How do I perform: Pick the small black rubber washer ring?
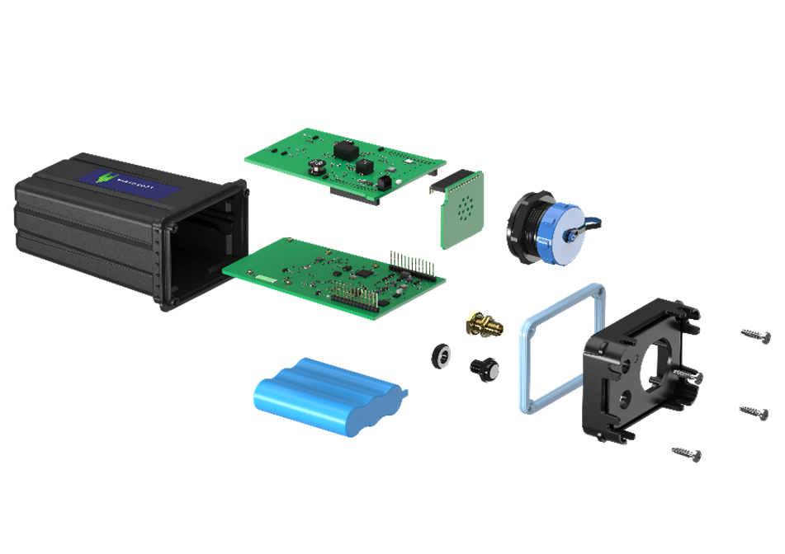pyautogui.click(x=442, y=355)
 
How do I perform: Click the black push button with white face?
pyautogui.click(x=484, y=368)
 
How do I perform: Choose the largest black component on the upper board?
pyautogui.click(x=343, y=150)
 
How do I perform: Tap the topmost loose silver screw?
pyautogui.click(x=756, y=335)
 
